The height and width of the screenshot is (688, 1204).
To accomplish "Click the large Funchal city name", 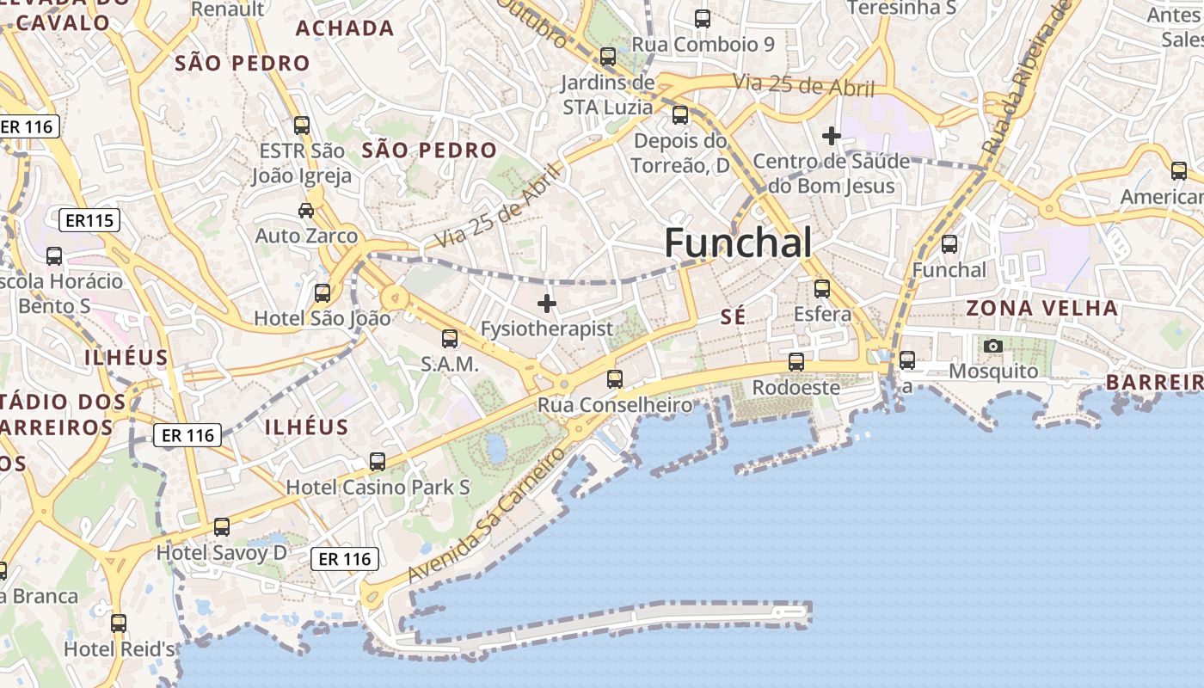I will [738, 243].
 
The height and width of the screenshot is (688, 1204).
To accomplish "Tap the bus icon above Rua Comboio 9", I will [703, 19].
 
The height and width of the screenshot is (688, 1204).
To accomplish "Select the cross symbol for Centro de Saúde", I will [831, 136].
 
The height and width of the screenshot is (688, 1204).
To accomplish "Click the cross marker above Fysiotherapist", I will [547, 304].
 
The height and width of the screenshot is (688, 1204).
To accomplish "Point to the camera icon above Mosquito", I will [993, 347].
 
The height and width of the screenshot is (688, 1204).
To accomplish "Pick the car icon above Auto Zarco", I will [305, 211].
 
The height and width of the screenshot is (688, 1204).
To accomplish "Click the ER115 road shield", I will [89, 221].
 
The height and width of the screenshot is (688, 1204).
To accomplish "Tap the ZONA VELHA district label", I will [1041, 308].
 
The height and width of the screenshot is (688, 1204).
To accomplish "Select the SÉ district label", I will [733, 317].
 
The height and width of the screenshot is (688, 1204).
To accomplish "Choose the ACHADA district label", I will [345, 28].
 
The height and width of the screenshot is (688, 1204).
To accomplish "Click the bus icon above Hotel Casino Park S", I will [378, 462].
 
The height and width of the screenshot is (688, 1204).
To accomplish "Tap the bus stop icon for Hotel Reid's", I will [119, 623].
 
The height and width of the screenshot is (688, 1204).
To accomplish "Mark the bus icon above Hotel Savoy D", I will [222, 527].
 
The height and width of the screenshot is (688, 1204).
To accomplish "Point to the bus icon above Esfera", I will [822, 289].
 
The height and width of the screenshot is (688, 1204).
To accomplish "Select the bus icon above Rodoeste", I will [796, 362].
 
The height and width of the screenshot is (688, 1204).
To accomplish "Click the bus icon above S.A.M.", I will [450, 339].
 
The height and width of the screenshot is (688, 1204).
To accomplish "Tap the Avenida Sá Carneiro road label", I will [488, 514].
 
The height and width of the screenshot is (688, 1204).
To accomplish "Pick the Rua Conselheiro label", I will [615, 405].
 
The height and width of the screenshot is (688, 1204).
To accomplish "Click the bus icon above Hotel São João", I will [322, 293].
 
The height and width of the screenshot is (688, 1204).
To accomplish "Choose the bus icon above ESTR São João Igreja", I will [302, 126].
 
